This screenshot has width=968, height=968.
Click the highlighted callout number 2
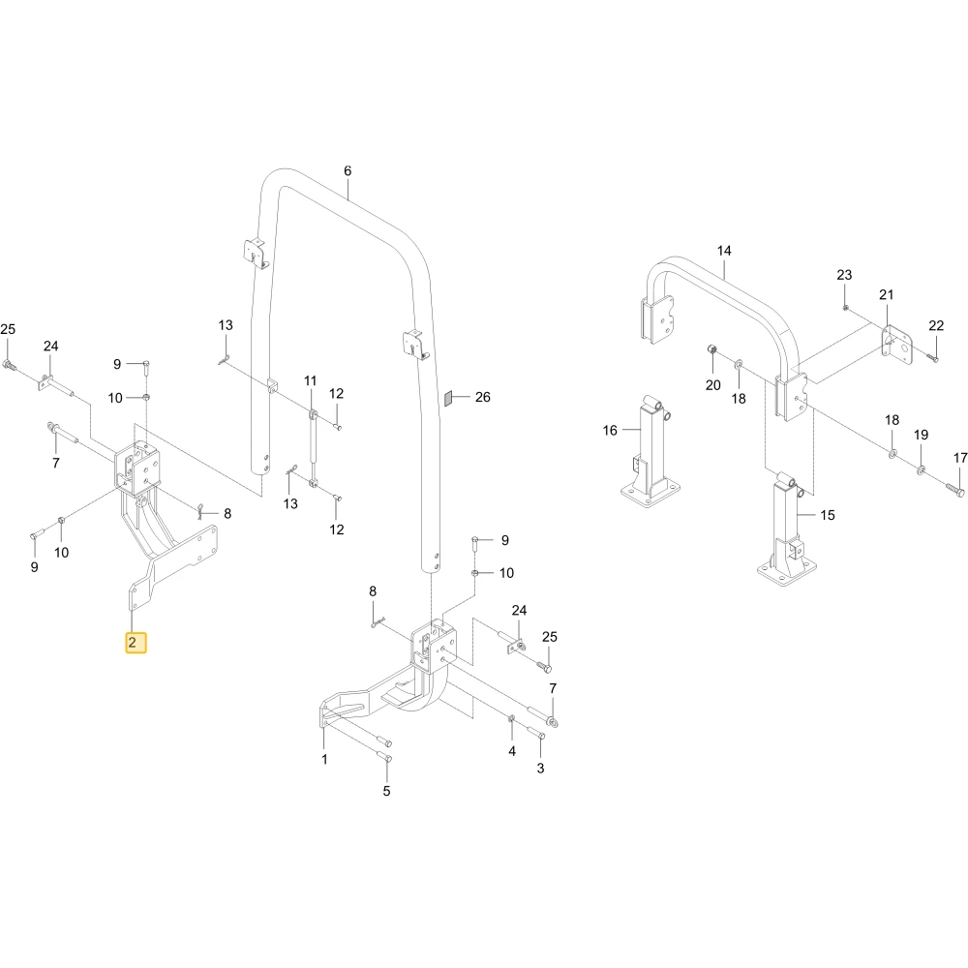tap(132, 643)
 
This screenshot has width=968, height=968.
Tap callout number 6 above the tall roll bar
tap(348, 171)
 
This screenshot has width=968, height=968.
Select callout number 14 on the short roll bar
tap(724, 251)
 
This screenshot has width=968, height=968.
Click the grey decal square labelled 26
tap(449, 398)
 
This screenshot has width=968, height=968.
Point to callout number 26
tap(483, 397)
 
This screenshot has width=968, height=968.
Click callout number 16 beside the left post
tap(610, 431)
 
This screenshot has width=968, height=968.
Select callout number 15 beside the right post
tap(828, 515)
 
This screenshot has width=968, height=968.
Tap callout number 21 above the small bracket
tap(887, 294)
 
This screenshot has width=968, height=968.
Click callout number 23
tap(844, 275)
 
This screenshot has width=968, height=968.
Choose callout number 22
tap(936, 325)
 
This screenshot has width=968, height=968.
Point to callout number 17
tap(960, 458)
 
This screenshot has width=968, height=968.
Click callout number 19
tap(922, 435)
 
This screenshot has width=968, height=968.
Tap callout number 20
tap(713, 385)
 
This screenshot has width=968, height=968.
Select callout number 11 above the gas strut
tap(311, 380)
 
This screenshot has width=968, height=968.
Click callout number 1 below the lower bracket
tap(324, 759)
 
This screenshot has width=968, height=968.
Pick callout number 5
tap(386, 791)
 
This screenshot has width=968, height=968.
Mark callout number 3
tap(541, 768)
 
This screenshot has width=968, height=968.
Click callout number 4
tap(512, 751)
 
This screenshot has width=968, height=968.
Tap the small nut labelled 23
tap(845, 307)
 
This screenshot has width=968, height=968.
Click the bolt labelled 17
tap(954, 492)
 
